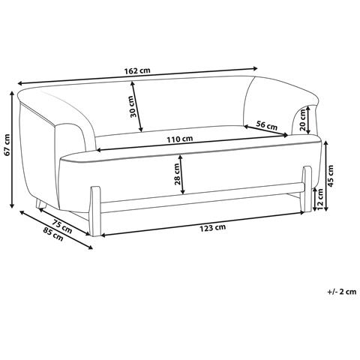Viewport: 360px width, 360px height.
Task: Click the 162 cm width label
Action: (x=137, y=70)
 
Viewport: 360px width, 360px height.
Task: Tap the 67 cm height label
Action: (x=7, y=145)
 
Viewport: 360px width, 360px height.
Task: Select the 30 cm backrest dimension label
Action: (x=133, y=106)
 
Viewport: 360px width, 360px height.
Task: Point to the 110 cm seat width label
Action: (x=180, y=139)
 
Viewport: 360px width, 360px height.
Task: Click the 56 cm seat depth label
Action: (x=267, y=125)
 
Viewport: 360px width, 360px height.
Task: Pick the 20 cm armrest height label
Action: (x=303, y=120)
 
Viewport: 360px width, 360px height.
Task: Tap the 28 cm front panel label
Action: (x=177, y=174)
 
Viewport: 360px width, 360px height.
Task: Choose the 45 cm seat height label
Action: (x=331, y=176)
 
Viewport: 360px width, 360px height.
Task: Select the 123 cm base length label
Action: (x=212, y=228)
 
